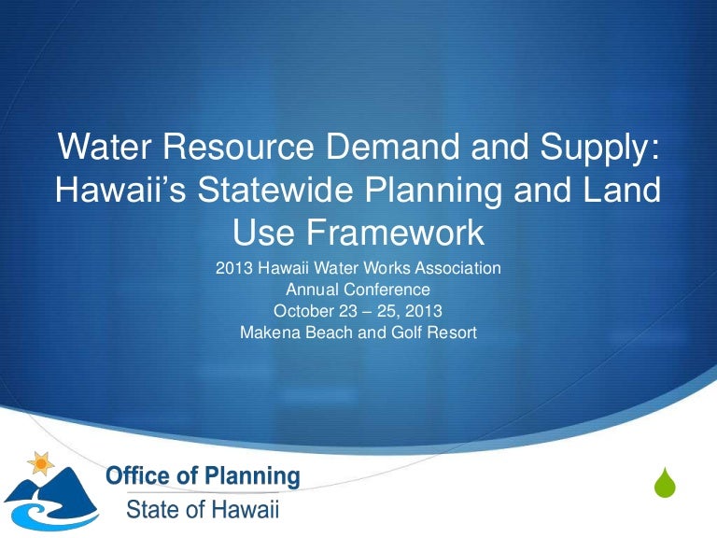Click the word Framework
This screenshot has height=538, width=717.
tap(387, 229)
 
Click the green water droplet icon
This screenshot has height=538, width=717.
tap(664, 483)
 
